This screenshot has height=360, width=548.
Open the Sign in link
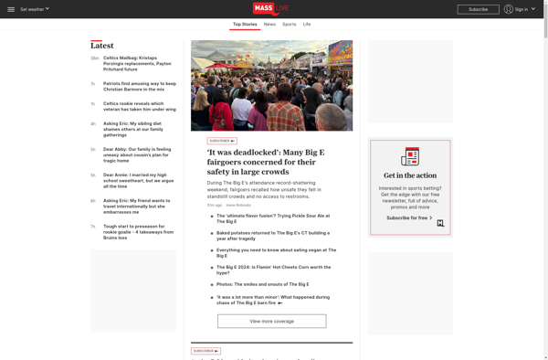[x=521, y=9]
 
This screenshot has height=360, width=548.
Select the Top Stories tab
[x=245, y=24]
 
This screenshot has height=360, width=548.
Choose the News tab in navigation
[x=269, y=24]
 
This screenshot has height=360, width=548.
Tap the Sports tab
[x=289, y=24]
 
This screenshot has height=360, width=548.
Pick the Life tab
[x=307, y=24]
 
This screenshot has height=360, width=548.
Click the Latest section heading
[x=102, y=46]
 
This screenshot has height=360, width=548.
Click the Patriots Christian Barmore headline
[x=139, y=86]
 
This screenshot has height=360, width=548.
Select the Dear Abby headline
[x=137, y=154]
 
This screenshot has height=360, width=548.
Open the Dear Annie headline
[x=137, y=179]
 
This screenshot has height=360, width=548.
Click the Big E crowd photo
[x=271, y=86]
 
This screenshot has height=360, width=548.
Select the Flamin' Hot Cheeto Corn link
[x=274, y=270]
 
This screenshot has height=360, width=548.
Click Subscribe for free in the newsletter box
[x=407, y=217]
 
